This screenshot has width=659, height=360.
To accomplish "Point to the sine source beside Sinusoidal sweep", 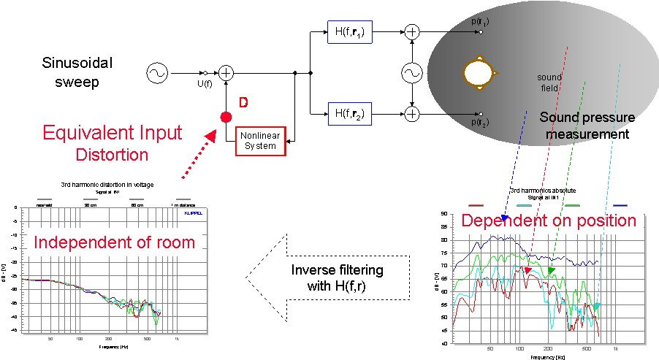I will (157, 72).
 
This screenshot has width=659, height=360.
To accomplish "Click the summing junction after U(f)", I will (226, 72).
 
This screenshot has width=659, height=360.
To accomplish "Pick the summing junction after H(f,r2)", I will (413, 113).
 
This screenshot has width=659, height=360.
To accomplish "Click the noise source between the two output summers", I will (413, 72).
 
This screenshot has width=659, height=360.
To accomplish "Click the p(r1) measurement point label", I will (480, 22).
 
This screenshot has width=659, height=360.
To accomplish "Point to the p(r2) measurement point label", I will (480, 122).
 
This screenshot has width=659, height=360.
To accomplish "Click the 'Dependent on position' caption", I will (548, 221).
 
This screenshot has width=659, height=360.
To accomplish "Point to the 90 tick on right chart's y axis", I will (444, 214).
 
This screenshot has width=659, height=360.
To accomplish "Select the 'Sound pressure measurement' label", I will (587, 126).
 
